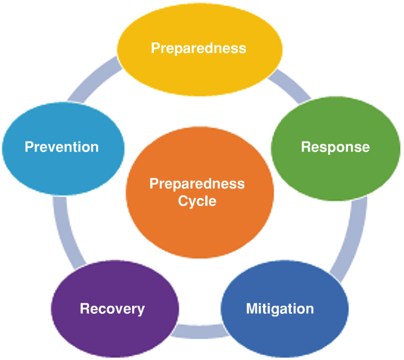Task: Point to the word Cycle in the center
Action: pyautogui.click(x=197, y=201)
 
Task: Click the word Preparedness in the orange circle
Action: pyautogui.click(x=197, y=184)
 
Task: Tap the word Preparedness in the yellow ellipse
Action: pyautogui.click(x=199, y=48)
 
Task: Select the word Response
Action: pyautogui.click(x=335, y=147)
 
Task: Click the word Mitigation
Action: pyautogui.click(x=280, y=308)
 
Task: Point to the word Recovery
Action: pyautogui.click(x=112, y=308)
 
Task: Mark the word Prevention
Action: pyautogui.click(x=62, y=147)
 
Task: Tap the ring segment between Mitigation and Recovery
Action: pyautogui.click(x=198, y=331)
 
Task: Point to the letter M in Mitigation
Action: pyautogui.click(x=251, y=308)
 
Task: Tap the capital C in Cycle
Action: pyautogui.click(x=183, y=201)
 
